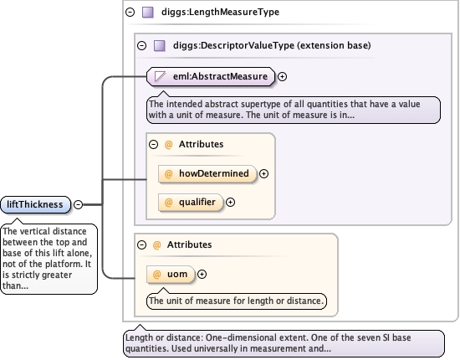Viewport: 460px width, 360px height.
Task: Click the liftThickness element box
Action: point(35,204)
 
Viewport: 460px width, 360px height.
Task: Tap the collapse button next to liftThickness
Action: point(78,204)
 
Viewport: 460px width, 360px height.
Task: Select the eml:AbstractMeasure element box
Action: point(211,77)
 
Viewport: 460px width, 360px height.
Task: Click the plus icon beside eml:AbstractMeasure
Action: point(282,77)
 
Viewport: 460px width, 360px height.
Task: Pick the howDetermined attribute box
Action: point(207,174)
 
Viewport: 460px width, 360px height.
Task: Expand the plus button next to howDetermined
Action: point(263,174)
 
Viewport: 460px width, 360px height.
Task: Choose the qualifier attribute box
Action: point(191,203)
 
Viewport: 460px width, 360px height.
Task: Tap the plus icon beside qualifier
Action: point(230,203)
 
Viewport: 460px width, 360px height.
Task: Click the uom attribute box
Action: point(171,275)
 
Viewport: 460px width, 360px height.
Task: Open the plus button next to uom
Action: point(202,275)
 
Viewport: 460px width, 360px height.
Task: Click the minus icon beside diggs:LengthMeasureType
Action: point(130,12)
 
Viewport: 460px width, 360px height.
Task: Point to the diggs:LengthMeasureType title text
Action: point(220,12)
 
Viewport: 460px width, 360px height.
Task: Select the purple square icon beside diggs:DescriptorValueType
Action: point(160,45)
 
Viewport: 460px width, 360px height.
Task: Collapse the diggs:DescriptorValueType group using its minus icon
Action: point(141,45)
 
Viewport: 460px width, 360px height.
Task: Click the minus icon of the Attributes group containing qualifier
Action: point(153,145)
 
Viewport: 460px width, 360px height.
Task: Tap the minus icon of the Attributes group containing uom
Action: point(141,245)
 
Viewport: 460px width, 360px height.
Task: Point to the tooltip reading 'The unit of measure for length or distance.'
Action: point(237,301)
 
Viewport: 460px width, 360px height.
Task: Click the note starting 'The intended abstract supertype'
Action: point(294,110)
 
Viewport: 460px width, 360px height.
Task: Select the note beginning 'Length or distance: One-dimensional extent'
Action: point(284,343)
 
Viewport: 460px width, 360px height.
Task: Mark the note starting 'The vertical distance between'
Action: point(49,259)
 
